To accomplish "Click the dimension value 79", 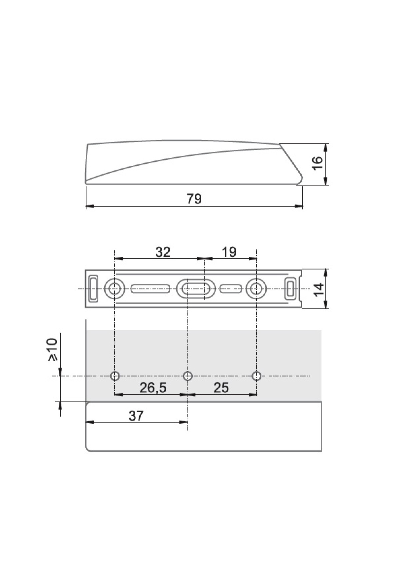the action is pyautogui.click(x=194, y=199).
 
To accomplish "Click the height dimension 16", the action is pyautogui.click(x=318, y=163).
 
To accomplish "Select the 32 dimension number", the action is pyautogui.click(x=163, y=252).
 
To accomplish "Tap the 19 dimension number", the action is pyautogui.click(x=229, y=252).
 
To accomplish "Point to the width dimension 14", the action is pyautogui.click(x=319, y=289).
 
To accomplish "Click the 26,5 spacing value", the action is pyautogui.click(x=153, y=388).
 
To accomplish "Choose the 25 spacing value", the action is pyautogui.click(x=221, y=388).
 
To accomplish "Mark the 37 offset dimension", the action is pyautogui.click(x=136, y=416).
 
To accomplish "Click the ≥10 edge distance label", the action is pyautogui.click(x=53, y=350).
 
